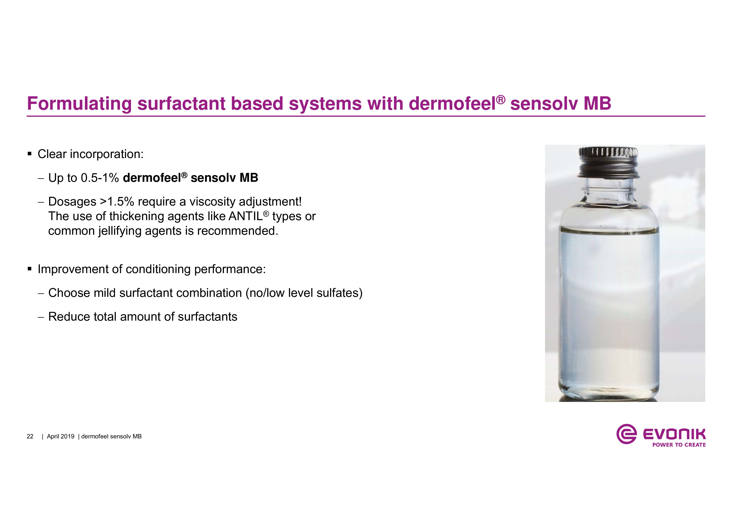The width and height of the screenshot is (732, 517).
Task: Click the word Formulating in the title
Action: pos(79,104)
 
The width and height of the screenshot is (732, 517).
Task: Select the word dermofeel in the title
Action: pos(452,104)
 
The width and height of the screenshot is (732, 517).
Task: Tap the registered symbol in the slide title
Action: pos(501,100)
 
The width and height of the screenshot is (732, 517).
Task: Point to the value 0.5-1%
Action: pos(100,178)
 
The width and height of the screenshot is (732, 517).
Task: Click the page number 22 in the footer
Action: pos(30,436)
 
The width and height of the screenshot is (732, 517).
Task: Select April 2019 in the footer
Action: pos(61,436)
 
